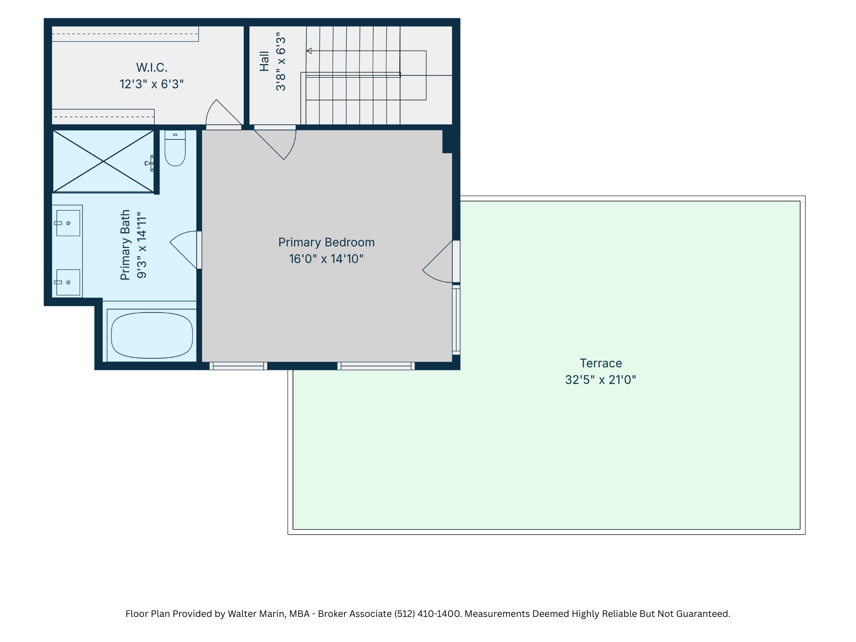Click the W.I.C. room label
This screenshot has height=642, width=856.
click(x=152, y=68)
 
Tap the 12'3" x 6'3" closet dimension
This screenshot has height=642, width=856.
click(x=152, y=84)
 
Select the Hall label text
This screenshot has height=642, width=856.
click(x=264, y=61)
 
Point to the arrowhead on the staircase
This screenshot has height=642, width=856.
click(x=309, y=51)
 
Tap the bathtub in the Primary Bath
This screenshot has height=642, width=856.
click(x=152, y=335)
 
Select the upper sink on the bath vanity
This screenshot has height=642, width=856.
click(x=68, y=223)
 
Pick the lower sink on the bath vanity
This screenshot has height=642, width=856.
click(x=68, y=283)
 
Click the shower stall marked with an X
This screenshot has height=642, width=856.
click(x=103, y=161)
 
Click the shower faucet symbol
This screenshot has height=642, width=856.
click(x=150, y=163)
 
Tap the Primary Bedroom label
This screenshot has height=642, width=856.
click(x=326, y=242)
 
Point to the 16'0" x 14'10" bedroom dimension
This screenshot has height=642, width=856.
click(x=326, y=259)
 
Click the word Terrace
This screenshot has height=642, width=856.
click(x=601, y=363)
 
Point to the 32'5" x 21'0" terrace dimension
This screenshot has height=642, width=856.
click(x=601, y=380)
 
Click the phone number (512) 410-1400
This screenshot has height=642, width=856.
click(x=428, y=614)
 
